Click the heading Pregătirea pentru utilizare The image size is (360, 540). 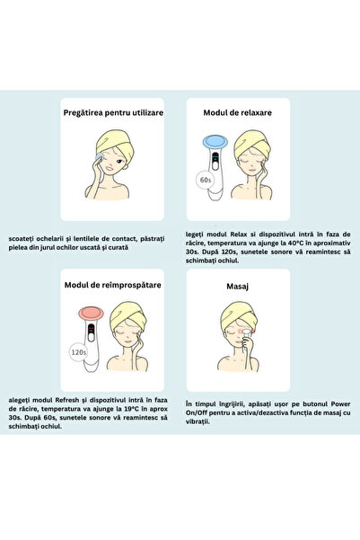113,112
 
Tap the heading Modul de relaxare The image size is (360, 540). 238,112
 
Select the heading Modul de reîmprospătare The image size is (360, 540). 113,285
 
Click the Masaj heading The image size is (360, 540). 238,287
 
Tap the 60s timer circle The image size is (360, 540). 206,180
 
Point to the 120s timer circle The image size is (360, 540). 78,352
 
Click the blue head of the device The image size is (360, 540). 215,141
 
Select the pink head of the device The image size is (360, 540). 91,314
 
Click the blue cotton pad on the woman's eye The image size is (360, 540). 99,156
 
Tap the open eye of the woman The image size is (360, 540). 119,162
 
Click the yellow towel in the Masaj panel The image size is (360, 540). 238,314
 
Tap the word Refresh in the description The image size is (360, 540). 66,400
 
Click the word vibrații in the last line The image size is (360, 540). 198,422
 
